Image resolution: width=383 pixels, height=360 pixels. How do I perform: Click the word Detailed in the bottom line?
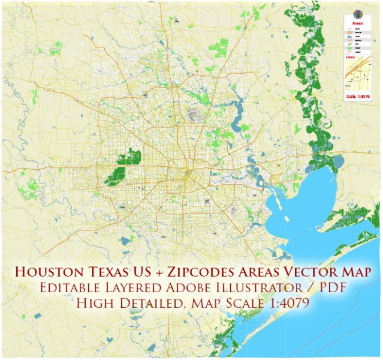point(156,304)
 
